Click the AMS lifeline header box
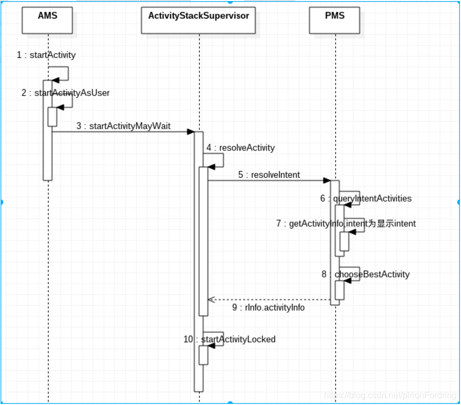click(x=47, y=20)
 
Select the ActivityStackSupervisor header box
click(x=198, y=20)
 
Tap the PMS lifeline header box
click(x=335, y=20)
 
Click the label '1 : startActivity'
click(x=46, y=55)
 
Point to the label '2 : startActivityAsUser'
click(x=66, y=93)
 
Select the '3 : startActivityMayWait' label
click(x=124, y=126)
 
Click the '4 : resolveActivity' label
click(x=241, y=147)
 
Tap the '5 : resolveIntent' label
click(x=269, y=175)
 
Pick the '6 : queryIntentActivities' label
click(x=366, y=198)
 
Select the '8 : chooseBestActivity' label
click(x=366, y=274)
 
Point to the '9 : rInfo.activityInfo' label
click(x=269, y=308)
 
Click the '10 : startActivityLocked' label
click(x=230, y=339)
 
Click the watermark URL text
click(x=390, y=395)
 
